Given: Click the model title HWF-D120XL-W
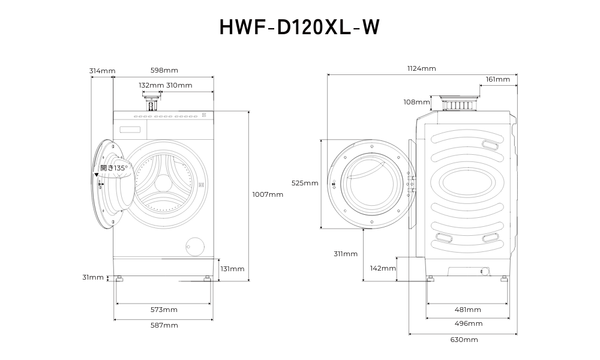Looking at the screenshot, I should (x=299, y=27).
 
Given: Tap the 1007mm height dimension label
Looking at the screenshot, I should (x=268, y=194).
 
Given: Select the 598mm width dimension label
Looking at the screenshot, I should (x=164, y=71).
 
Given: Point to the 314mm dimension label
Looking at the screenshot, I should (x=102, y=71).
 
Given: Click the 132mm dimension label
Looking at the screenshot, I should (x=151, y=85).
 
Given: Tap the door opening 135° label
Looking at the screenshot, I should (x=113, y=168).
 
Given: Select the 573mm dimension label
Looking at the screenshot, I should (x=164, y=310).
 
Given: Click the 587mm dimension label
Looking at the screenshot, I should (x=164, y=325).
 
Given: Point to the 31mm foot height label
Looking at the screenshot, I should (x=93, y=277).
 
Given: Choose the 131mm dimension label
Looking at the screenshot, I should (x=232, y=269).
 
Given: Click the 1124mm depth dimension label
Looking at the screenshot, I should (x=422, y=68).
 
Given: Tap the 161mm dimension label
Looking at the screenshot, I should (x=498, y=79).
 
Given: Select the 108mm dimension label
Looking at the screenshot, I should (x=416, y=102).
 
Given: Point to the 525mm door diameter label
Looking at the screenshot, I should (x=305, y=183).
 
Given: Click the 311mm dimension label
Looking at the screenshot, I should (x=346, y=254).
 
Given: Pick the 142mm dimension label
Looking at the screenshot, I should (x=383, y=268).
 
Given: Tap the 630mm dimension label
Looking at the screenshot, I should (x=464, y=340).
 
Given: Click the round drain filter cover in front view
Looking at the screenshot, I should (x=194, y=246).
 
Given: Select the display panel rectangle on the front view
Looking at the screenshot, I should (x=130, y=129).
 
